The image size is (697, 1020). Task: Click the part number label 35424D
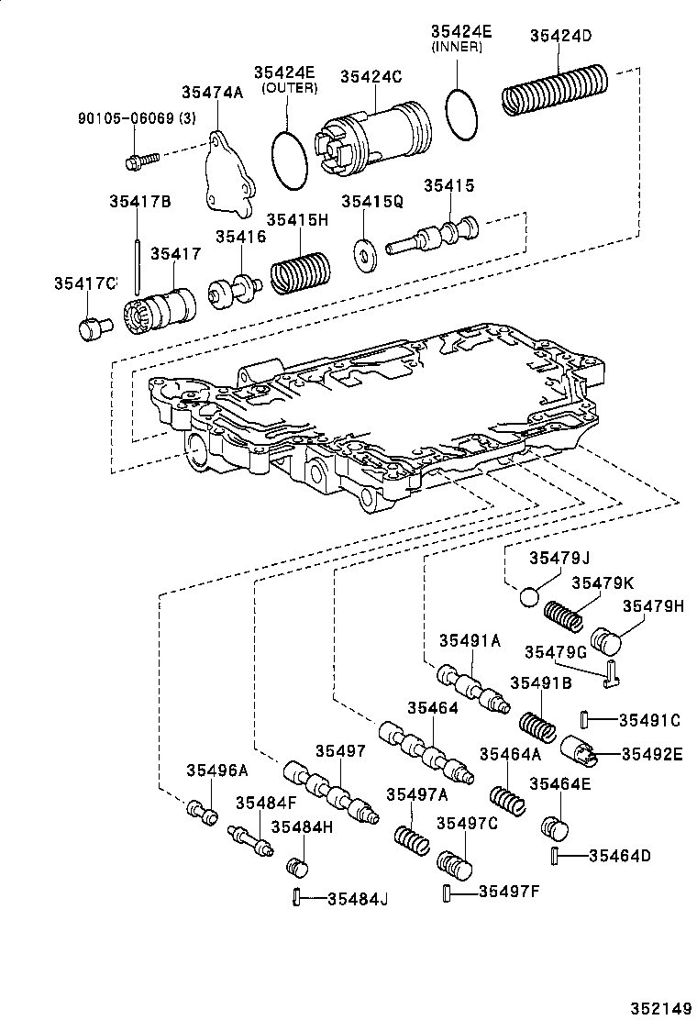(560, 36)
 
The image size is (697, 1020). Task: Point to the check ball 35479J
(530, 597)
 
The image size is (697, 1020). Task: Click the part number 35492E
(652, 754)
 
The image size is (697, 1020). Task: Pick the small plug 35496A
(202, 812)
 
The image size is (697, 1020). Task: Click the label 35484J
(358, 898)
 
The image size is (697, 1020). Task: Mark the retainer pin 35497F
(447, 892)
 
